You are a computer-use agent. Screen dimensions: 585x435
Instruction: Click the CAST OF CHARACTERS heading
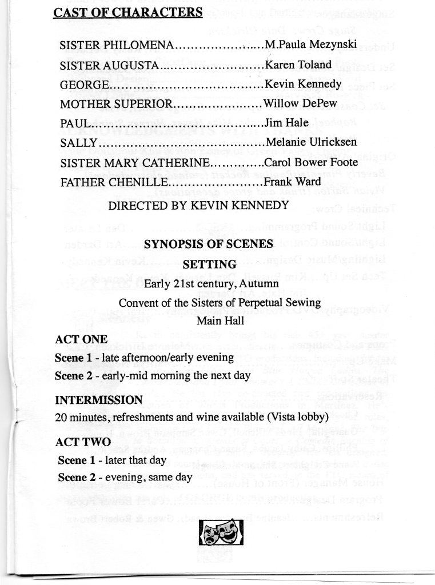(x=127, y=13)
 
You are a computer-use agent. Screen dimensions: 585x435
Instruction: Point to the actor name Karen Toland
(x=298, y=65)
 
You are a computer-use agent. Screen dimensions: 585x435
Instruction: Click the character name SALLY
(x=78, y=143)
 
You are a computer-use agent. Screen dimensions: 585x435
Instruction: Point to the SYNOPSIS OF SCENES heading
(x=208, y=244)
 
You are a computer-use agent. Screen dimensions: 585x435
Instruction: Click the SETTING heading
(x=209, y=265)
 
